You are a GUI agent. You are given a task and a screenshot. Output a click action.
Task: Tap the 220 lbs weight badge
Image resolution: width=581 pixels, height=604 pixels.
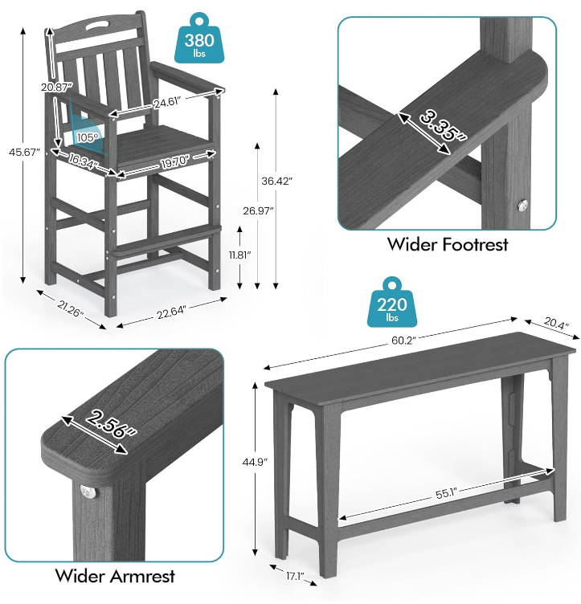point(392,303)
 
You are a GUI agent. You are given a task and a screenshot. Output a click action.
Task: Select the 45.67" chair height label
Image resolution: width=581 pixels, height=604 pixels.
point(24,152)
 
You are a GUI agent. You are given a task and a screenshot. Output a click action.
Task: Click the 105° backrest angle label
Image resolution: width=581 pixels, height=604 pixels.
point(88,137)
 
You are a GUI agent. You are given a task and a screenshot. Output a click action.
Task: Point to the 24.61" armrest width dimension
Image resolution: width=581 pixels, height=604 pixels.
point(167,103)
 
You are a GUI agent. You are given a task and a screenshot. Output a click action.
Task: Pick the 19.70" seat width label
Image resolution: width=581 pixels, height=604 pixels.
point(175,161)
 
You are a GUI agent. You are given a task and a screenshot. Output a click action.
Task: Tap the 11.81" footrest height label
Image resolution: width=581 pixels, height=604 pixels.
point(239,255)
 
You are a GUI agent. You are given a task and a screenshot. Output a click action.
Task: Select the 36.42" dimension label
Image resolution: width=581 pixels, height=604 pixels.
point(276,181)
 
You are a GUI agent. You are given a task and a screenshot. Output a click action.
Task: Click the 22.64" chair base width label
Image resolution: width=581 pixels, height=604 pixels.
point(171,312)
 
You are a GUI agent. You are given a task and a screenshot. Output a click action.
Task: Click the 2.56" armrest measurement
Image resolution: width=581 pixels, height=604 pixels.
point(112,423)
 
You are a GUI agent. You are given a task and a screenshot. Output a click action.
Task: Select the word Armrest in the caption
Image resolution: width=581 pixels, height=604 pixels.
point(142,576)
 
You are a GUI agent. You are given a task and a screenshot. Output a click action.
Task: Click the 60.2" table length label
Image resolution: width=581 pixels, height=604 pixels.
point(403,341)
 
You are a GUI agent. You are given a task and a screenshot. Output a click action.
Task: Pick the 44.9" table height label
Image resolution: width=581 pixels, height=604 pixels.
point(255,462)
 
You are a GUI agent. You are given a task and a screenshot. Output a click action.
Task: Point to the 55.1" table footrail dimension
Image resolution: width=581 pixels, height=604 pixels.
point(446,494)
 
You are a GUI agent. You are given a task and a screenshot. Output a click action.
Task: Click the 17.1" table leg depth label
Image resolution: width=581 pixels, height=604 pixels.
point(295,576)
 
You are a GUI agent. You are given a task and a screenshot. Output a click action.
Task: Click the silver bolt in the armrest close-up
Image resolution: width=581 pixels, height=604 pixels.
point(88,492)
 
